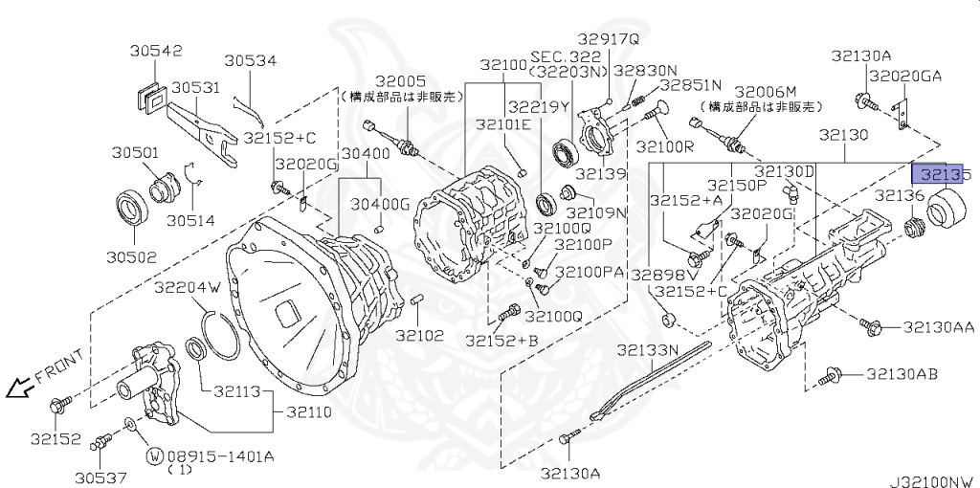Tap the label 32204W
pyautogui.click(x=188, y=286)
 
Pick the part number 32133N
pyautogui.click(x=647, y=350)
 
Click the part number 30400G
pyautogui.click(x=379, y=204)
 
